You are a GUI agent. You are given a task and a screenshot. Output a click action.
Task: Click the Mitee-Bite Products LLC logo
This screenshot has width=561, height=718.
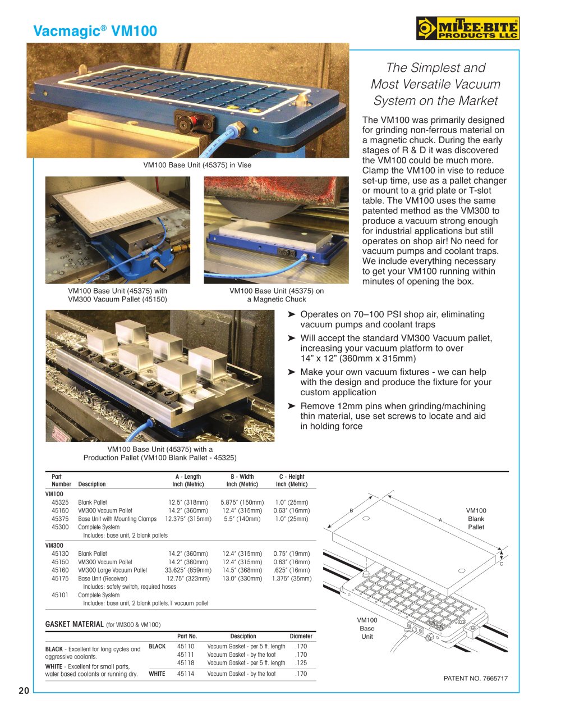[x=467, y=29]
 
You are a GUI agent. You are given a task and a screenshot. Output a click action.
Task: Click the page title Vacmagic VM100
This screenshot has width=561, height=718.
[x=95, y=31]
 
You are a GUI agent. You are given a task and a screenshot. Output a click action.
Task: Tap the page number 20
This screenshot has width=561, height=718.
[x=24, y=690]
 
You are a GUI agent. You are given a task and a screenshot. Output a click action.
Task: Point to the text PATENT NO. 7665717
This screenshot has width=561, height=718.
[x=475, y=678]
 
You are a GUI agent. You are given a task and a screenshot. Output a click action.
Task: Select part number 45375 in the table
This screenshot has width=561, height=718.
[x=60, y=519]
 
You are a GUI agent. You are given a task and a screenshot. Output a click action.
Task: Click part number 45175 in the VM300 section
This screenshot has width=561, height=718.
[x=60, y=578]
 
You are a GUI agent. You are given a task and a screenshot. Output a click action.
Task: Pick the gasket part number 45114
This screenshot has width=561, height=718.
[x=186, y=674]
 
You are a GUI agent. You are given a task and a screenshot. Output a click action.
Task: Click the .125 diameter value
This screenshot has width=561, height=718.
[x=301, y=662]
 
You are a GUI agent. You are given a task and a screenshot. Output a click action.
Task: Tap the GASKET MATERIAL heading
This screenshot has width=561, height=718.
[x=74, y=624]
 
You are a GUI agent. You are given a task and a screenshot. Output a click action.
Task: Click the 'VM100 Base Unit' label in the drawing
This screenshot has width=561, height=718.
[x=367, y=628]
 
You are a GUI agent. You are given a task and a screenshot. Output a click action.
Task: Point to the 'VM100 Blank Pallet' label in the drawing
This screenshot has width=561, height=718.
[x=476, y=519]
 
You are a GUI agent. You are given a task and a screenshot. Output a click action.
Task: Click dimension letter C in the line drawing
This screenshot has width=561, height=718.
[x=501, y=564]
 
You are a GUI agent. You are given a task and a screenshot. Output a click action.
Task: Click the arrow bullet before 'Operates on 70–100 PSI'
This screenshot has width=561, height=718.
[x=291, y=314]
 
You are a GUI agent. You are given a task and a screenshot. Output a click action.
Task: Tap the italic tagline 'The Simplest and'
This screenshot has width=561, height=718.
[x=435, y=68]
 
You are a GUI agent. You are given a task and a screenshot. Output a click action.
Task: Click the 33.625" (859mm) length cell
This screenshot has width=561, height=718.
[x=188, y=570]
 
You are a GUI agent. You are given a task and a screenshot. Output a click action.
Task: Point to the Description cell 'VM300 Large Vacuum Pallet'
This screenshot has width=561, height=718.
[x=112, y=570]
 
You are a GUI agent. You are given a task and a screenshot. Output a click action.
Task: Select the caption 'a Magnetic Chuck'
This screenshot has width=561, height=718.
[x=277, y=299]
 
